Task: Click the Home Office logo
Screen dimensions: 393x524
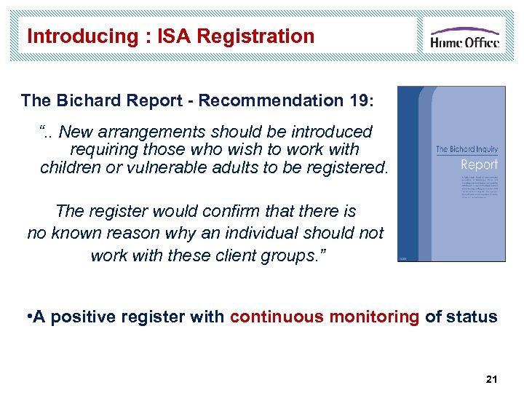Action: click(464, 36)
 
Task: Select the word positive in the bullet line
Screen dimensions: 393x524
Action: click(82, 317)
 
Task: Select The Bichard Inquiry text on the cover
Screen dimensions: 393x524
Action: click(467, 149)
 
